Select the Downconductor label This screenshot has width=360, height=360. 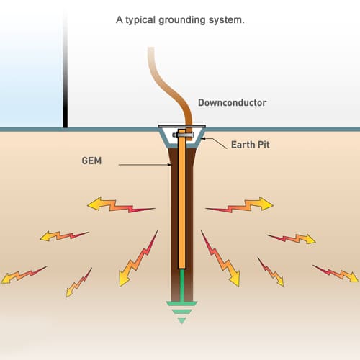pyautogui.click(x=232, y=103)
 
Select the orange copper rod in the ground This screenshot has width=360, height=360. pyautogui.click(x=182, y=209)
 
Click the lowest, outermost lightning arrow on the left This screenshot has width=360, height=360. pyautogui.click(x=22, y=274)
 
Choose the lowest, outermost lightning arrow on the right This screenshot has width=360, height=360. pyautogui.click(x=336, y=273)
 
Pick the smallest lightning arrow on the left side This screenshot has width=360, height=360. pyautogui.click(x=79, y=282)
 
